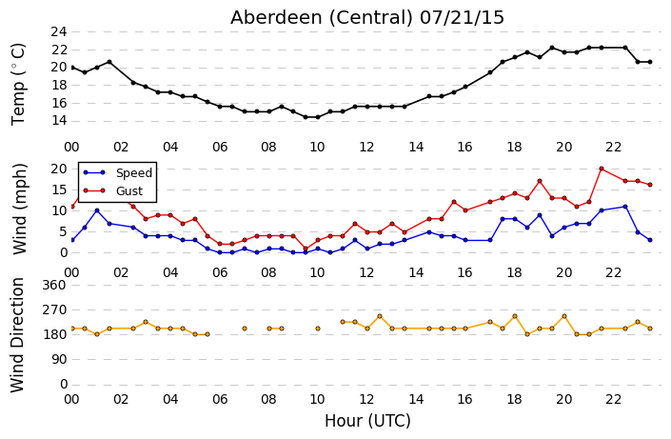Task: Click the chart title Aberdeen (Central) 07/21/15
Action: tap(367, 17)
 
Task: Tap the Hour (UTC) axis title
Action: tap(367, 421)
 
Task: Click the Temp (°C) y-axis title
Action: tap(18, 85)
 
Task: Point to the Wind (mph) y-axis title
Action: tap(19, 209)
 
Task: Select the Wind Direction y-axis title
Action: tap(17, 335)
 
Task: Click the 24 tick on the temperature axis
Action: tap(59, 31)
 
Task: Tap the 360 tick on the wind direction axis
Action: tap(55, 285)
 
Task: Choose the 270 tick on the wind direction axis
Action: tap(55, 309)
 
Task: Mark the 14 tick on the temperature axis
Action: tap(59, 121)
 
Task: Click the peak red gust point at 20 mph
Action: tap(602, 169)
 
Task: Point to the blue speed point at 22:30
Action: tap(625, 207)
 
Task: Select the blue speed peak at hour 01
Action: tap(97, 210)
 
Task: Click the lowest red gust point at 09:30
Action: tap(306, 249)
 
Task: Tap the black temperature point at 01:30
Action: tap(109, 62)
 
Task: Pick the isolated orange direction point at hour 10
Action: tap(318, 329)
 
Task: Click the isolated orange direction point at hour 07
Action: tap(245, 329)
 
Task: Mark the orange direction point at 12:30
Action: tap(380, 316)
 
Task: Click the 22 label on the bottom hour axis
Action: tap(613, 399)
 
